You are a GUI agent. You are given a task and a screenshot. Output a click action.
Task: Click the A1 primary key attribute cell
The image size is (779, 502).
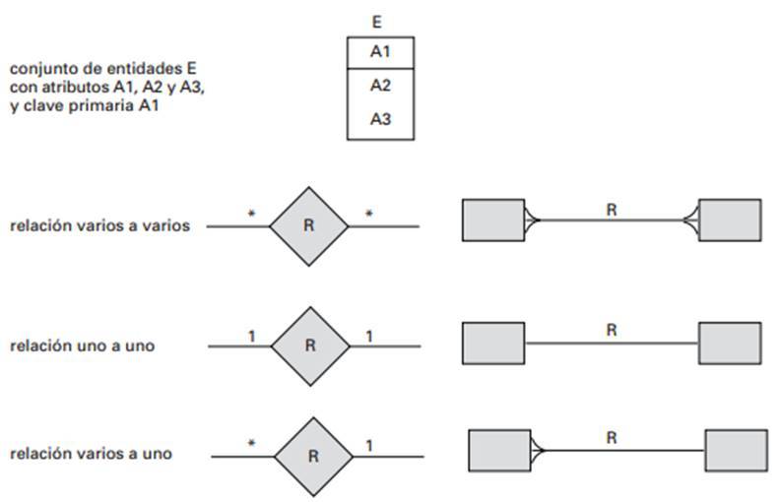[380, 52]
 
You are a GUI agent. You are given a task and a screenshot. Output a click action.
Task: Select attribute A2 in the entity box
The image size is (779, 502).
[380, 86]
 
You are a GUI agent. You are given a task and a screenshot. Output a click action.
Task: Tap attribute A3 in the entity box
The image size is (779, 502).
[380, 119]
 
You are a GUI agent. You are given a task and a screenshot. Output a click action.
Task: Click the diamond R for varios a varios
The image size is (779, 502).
[308, 225]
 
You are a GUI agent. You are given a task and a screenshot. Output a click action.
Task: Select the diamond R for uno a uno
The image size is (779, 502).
[309, 345]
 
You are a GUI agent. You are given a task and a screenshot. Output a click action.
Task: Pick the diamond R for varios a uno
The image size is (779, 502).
[313, 456]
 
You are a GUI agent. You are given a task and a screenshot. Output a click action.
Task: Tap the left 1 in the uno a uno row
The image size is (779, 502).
[251, 336]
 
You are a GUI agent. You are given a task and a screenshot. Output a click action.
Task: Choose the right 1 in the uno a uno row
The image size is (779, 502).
[369, 336]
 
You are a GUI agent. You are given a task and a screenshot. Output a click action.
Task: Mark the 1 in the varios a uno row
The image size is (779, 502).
[369, 446]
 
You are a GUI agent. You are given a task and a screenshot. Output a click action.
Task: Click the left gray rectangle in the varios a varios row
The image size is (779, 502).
[492, 220]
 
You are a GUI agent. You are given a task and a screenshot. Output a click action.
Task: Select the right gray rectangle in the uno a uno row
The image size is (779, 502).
[729, 343]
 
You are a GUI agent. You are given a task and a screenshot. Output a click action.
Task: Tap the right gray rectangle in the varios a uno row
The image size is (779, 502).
[736, 451]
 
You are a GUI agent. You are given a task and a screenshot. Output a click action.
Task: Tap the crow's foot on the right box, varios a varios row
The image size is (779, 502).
[690, 220]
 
